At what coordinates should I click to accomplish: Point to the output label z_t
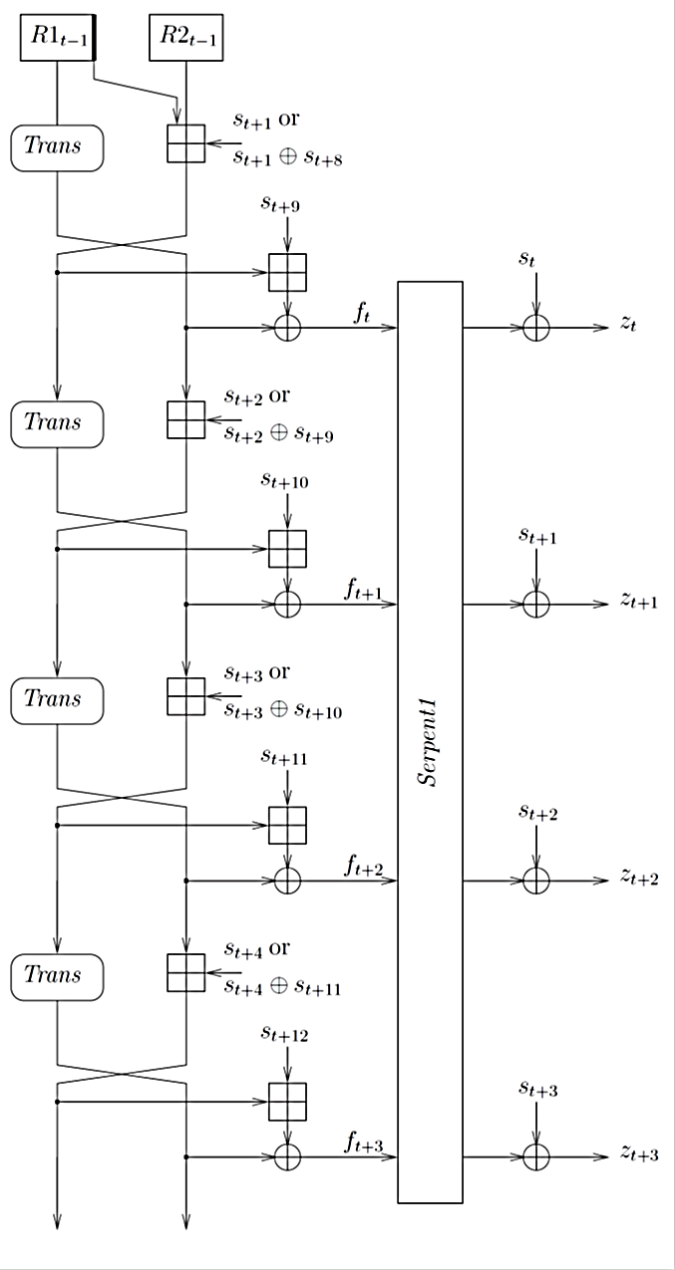tap(628, 324)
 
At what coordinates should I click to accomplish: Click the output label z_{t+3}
tap(639, 1152)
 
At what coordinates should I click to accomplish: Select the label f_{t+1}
tap(363, 589)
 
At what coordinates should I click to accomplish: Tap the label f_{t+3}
tap(363, 1142)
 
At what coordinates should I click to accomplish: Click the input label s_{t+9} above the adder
tap(280, 203)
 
